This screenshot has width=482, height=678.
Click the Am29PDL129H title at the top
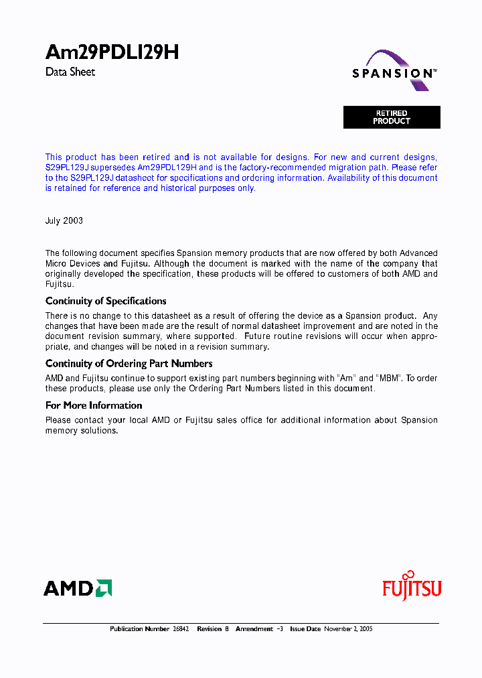(x=112, y=53)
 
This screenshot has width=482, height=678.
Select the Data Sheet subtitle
(x=70, y=72)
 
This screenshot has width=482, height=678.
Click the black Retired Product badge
(x=392, y=117)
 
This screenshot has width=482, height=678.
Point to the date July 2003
(x=64, y=220)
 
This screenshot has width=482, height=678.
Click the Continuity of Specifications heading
(x=106, y=301)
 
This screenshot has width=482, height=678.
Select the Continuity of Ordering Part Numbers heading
(x=129, y=363)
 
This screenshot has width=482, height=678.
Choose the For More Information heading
(x=94, y=405)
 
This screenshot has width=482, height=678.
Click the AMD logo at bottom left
(x=77, y=588)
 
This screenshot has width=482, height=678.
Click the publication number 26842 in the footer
(x=181, y=629)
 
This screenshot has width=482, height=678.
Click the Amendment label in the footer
(x=254, y=629)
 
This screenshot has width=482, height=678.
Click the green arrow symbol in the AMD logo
(x=104, y=588)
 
